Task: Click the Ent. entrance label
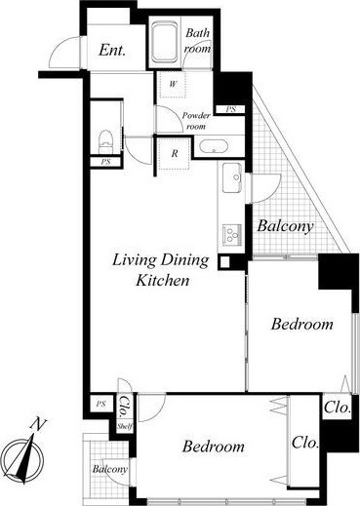pyautogui.click(x=112, y=51)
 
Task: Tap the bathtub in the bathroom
pyautogui.click(x=164, y=42)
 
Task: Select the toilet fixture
pyautogui.click(x=105, y=141)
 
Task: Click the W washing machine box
pyautogui.click(x=173, y=84)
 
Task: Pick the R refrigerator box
pyautogui.click(x=175, y=153)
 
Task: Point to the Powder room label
pyautogui.click(x=196, y=121)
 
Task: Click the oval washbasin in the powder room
pyautogui.click(x=213, y=146)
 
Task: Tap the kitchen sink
pyautogui.click(x=232, y=177)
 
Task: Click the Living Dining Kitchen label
pyautogui.click(x=161, y=270)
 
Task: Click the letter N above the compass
pyautogui.click(x=38, y=424)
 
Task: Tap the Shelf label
pyautogui.click(x=125, y=426)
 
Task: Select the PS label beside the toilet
pyautogui.click(x=105, y=162)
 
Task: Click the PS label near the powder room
pyautogui.click(x=230, y=109)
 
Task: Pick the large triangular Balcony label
pyautogui.click(x=285, y=226)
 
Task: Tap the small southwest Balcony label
pyautogui.click(x=109, y=469)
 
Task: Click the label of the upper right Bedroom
pyautogui.click(x=302, y=324)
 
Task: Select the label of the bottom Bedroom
pyautogui.click(x=214, y=447)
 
